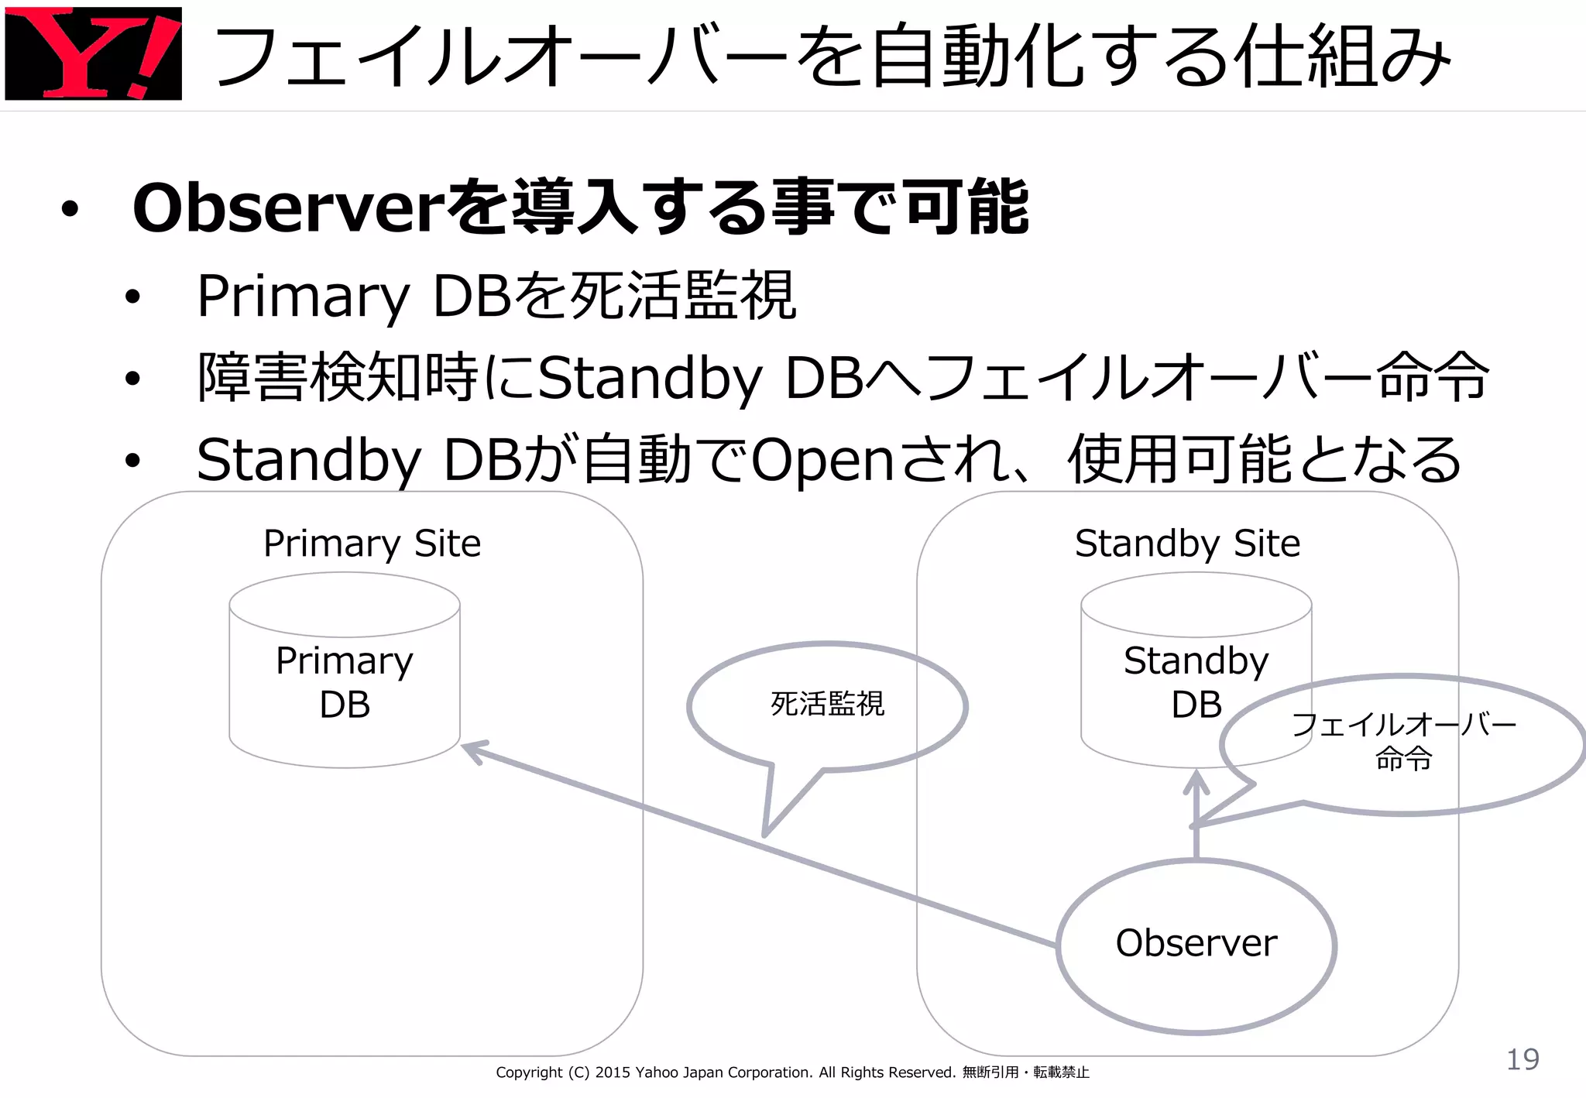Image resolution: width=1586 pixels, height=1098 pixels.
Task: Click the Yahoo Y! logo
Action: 93,53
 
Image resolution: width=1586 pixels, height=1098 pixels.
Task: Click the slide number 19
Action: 1522,1059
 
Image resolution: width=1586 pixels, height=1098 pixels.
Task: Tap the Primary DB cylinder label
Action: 345,682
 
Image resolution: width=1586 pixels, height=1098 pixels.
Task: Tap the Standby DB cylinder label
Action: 1196,682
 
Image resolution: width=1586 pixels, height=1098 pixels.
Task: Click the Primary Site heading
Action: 372,544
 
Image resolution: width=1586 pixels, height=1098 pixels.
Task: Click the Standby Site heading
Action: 1187,544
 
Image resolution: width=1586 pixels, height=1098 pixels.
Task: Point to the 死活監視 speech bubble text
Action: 827,704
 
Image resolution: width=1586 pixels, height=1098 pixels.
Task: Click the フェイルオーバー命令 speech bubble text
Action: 1403,741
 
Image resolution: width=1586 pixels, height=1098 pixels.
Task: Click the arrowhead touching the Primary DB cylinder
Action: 472,750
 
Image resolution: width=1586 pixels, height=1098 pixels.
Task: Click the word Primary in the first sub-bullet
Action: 302,297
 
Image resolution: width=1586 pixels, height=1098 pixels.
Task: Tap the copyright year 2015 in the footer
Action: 613,1072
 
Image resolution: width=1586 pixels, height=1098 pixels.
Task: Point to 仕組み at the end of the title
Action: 1344,56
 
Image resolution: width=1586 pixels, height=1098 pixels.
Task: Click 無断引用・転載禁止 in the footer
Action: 1025,1072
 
